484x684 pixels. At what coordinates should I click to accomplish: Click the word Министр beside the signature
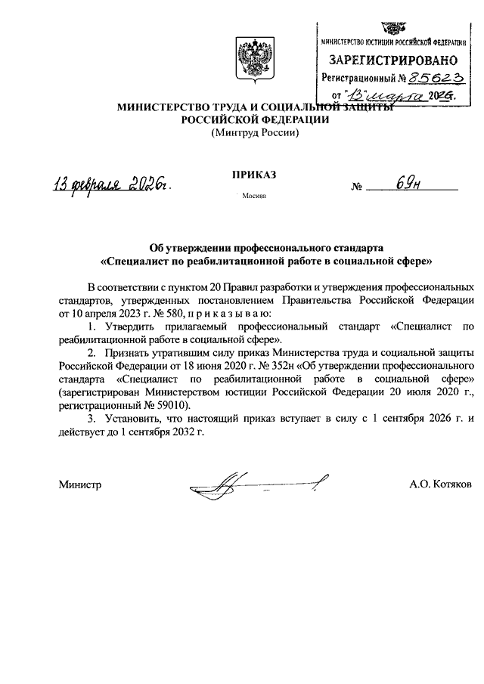coord(79,484)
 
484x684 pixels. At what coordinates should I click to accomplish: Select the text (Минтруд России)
coord(254,134)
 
